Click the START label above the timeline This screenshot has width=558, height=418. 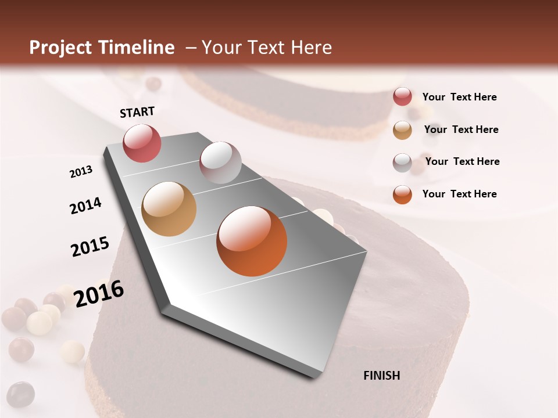click(x=137, y=112)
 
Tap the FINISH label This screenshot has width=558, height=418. click(x=381, y=376)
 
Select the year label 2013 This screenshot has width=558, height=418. click(x=81, y=172)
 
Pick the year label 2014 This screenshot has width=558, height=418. click(x=85, y=206)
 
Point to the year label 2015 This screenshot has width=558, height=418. click(x=90, y=247)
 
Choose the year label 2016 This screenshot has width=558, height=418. click(x=99, y=293)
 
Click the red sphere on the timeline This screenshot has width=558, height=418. click(x=142, y=143)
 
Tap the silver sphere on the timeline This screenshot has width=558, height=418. click(x=220, y=163)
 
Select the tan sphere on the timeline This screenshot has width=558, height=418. click(x=169, y=209)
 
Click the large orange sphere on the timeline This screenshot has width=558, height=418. click(x=252, y=241)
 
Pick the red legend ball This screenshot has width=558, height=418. click(x=402, y=97)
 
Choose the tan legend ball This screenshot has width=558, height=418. click(x=402, y=130)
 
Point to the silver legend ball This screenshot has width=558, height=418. click(x=402, y=163)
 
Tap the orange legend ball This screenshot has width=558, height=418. click(x=402, y=194)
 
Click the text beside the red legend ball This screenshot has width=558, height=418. click(x=459, y=97)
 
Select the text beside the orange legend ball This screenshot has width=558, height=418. click(x=459, y=194)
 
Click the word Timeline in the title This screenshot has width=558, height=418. click(x=136, y=48)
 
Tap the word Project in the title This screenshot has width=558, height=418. click(x=60, y=48)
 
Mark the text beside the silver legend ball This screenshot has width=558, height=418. click(x=462, y=161)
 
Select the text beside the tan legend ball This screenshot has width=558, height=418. click(x=461, y=129)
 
